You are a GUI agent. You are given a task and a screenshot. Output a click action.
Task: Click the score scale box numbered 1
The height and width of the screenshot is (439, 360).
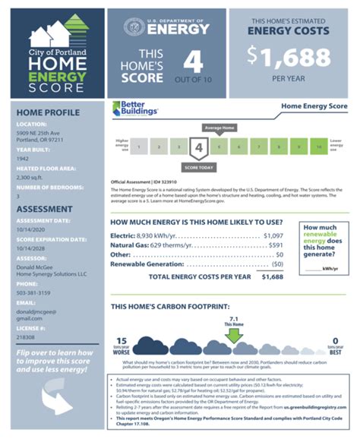[141, 146]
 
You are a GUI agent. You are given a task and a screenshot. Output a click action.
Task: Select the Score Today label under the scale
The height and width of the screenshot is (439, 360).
[199, 166]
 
